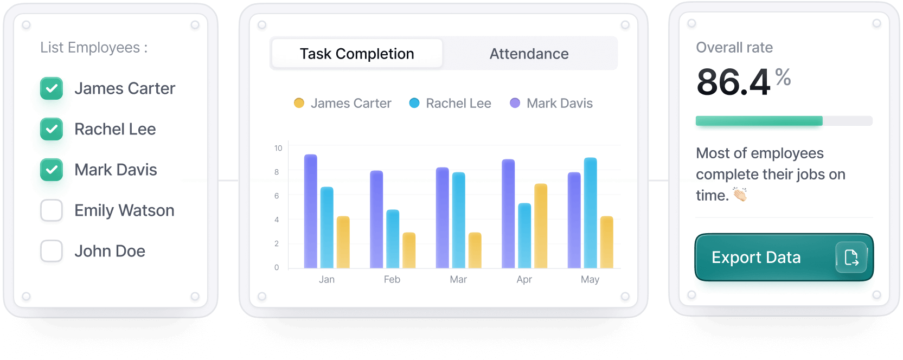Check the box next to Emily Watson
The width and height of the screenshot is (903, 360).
(52, 210)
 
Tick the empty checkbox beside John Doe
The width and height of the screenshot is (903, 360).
(52, 251)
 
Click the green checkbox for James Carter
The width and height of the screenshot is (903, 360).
(52, 88)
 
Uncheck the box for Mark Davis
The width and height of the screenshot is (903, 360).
(52, 170)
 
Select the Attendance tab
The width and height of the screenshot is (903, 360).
(529, 54)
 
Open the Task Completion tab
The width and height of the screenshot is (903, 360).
(357, 54)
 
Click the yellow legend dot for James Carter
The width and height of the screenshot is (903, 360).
(299, 103)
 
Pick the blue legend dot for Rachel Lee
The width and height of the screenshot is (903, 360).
(414, 103)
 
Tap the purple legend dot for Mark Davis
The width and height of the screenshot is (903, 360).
(515, 103)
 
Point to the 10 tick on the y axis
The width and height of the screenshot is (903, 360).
(278, 148)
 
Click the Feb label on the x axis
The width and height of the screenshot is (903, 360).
(392, 279)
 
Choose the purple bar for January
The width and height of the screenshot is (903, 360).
(311, 211)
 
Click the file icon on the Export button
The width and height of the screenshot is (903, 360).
(851, 258)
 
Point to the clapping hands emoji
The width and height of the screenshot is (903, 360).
(740, 194)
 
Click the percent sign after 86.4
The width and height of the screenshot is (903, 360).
(783, 77)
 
